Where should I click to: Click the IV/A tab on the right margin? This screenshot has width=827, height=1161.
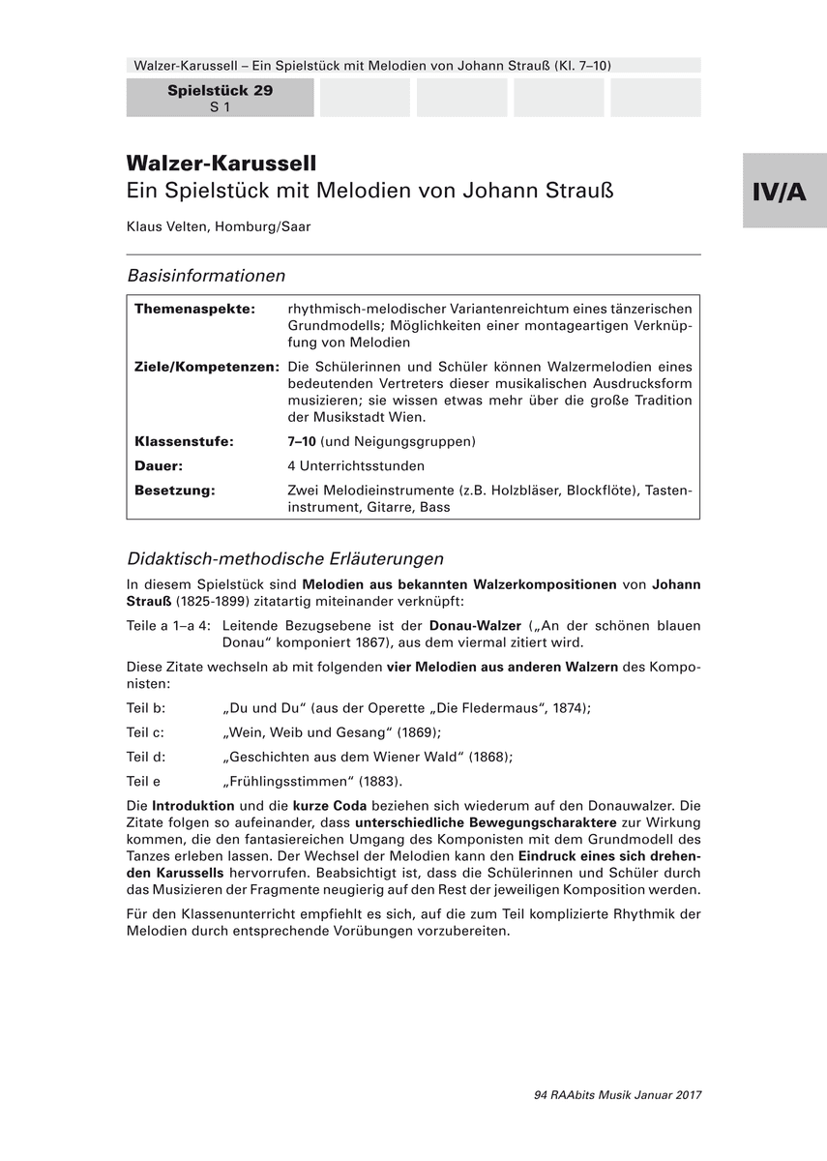click(783, 192)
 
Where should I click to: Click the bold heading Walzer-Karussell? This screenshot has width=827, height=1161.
click(222, 163)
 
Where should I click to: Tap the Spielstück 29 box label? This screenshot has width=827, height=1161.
click(220, 91)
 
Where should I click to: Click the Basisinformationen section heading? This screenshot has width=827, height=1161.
click(206, 276)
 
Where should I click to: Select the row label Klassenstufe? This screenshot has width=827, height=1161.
click(184, 441)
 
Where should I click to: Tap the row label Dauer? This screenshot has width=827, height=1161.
click(159, 465)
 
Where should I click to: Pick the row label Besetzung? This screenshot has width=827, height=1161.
click(175, 491)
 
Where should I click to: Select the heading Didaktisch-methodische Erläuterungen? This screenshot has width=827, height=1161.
click(285, 558)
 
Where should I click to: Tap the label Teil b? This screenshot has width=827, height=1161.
click(146, 707)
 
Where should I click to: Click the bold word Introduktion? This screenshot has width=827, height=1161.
click(193, 805)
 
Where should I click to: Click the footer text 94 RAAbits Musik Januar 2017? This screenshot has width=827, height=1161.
click(617, 1095)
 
